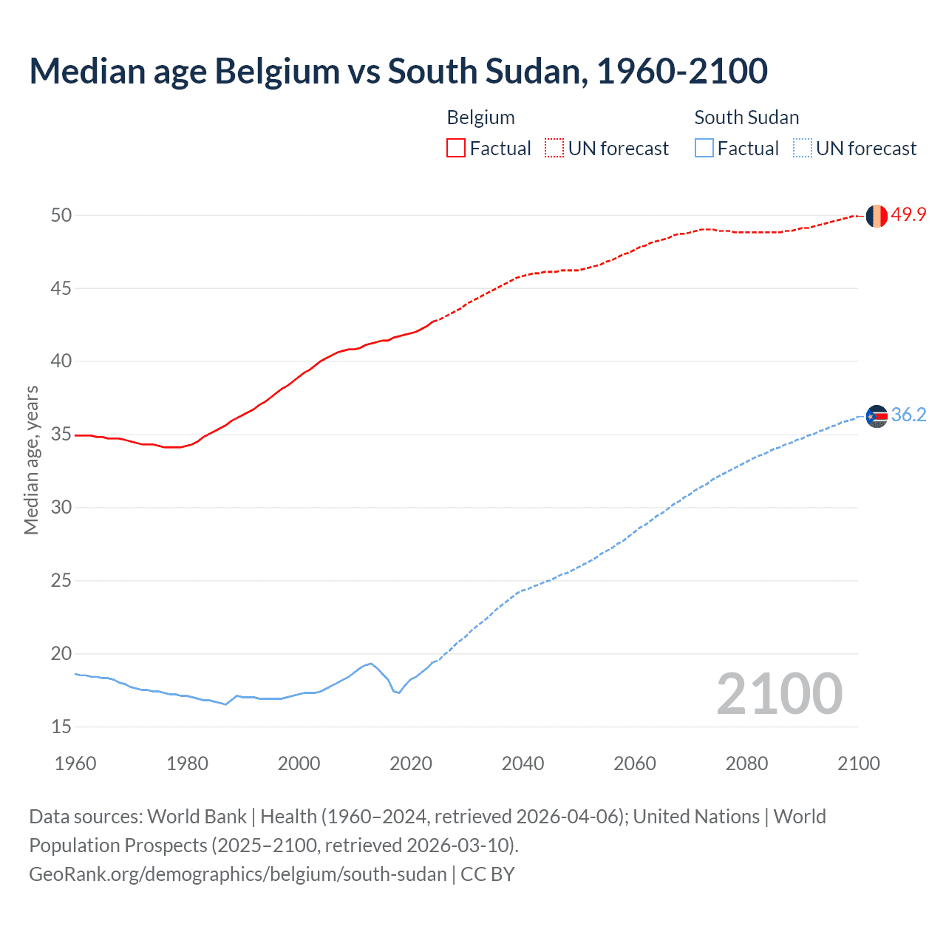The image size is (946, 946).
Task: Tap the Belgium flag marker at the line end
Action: (x=877, y=216)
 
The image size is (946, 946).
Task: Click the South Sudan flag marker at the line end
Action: (x=877, y=417)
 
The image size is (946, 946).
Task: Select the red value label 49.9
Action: (x=908, y=214)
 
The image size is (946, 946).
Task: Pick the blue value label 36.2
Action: (x=908, y=415)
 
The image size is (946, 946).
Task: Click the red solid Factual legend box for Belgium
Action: (x=456, y=148)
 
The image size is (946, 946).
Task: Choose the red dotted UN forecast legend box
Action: (x=554, y=148)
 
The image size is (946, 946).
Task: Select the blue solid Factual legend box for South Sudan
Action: (x=704, y=148)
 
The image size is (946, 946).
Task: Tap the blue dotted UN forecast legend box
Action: (x=802, y=148)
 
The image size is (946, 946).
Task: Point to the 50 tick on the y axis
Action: (x=61, y=215)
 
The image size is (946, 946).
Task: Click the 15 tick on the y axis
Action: (x=61, y=726)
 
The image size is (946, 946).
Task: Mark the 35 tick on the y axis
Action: (x=61, y=434)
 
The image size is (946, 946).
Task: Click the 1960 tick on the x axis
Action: (x=75, y=763)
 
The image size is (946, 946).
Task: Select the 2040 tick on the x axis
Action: (x=523, y=763)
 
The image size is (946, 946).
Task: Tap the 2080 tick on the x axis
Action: (x=746, y=763)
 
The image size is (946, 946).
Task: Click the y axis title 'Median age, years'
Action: (x=31, y=460)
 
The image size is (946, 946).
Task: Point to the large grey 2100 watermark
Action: (x=779, y=693)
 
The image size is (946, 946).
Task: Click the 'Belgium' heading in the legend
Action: (x=480, y=118)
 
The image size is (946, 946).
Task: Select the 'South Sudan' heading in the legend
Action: (x=746, y=118)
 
